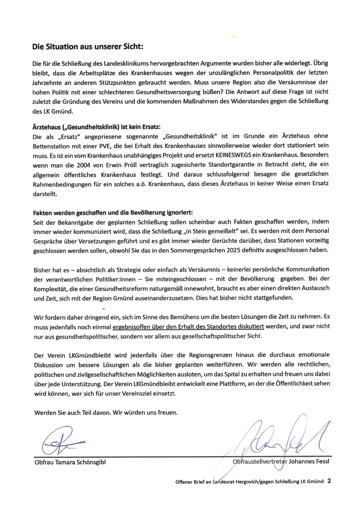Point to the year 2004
(84, 165)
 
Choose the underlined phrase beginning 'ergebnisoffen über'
(188, 327)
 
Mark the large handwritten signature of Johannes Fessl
(280, 438)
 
